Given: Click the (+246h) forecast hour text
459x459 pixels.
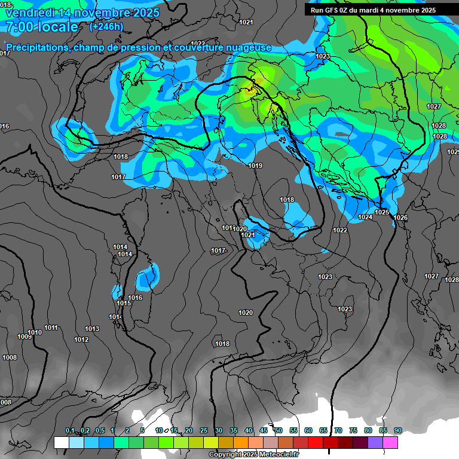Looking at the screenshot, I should click(106, 26).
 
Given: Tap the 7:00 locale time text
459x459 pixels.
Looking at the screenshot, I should click(41, 27).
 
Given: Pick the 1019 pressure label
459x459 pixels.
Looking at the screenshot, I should click(255, 166).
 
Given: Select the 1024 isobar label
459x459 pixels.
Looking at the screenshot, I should click(365, 217).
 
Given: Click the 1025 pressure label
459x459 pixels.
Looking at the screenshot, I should click(382, 212).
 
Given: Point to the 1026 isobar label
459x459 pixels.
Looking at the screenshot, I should click(400, 218).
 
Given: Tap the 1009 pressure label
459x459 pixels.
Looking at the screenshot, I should click(24, 336).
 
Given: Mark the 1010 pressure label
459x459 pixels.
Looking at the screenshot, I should click(35, 332).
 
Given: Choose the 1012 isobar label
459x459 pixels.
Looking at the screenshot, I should click(81, 339).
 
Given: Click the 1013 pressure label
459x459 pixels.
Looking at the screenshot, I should click(91, 329).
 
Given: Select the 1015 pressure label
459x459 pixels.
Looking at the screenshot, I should click(124, 303).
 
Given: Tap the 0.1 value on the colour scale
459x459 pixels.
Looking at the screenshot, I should click(70, 431).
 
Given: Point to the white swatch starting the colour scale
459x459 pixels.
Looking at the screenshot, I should click(61, 442).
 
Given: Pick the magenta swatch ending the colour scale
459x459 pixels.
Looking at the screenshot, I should click(390, 442).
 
